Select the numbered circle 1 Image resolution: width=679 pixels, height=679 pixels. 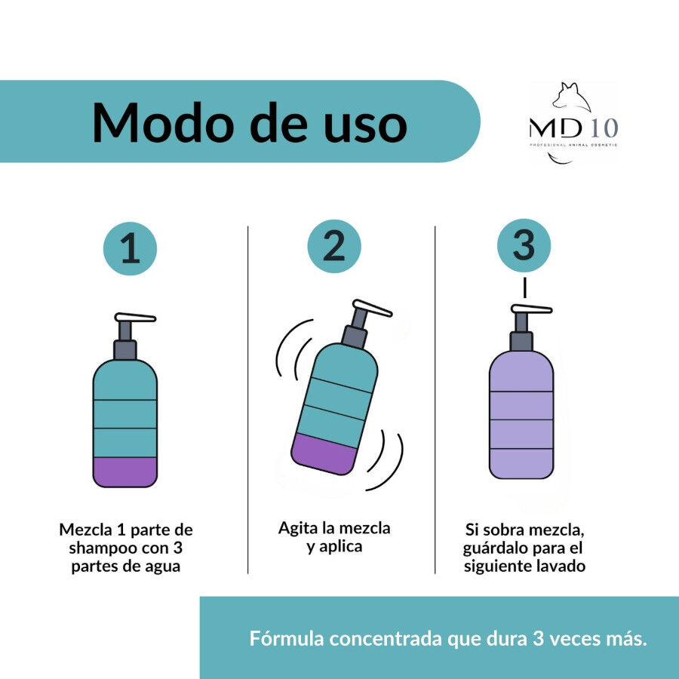click(x=130, y=249)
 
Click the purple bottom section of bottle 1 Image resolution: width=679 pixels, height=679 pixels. click(x=125, y=472)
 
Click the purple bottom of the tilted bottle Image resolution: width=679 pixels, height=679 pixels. click(x=323, y=453)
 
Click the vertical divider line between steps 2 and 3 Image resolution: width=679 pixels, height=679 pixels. click(x=435, y=400)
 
